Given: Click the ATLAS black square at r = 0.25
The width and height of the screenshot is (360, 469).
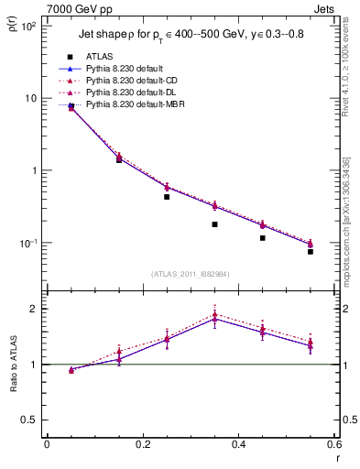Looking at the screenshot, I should [x=167, y=197].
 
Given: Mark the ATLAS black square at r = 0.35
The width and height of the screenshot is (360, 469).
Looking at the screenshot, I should [x=214, y=224].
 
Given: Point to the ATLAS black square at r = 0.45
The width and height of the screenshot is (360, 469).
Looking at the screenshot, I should [x=262, y=238].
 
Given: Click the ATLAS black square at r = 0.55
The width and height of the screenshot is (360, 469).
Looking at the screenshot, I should [x=310, y=251].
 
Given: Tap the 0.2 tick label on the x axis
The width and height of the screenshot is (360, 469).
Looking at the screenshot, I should [x=143, y=443].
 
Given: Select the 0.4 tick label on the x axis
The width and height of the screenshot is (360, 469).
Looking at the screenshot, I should [x=238, y=443].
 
